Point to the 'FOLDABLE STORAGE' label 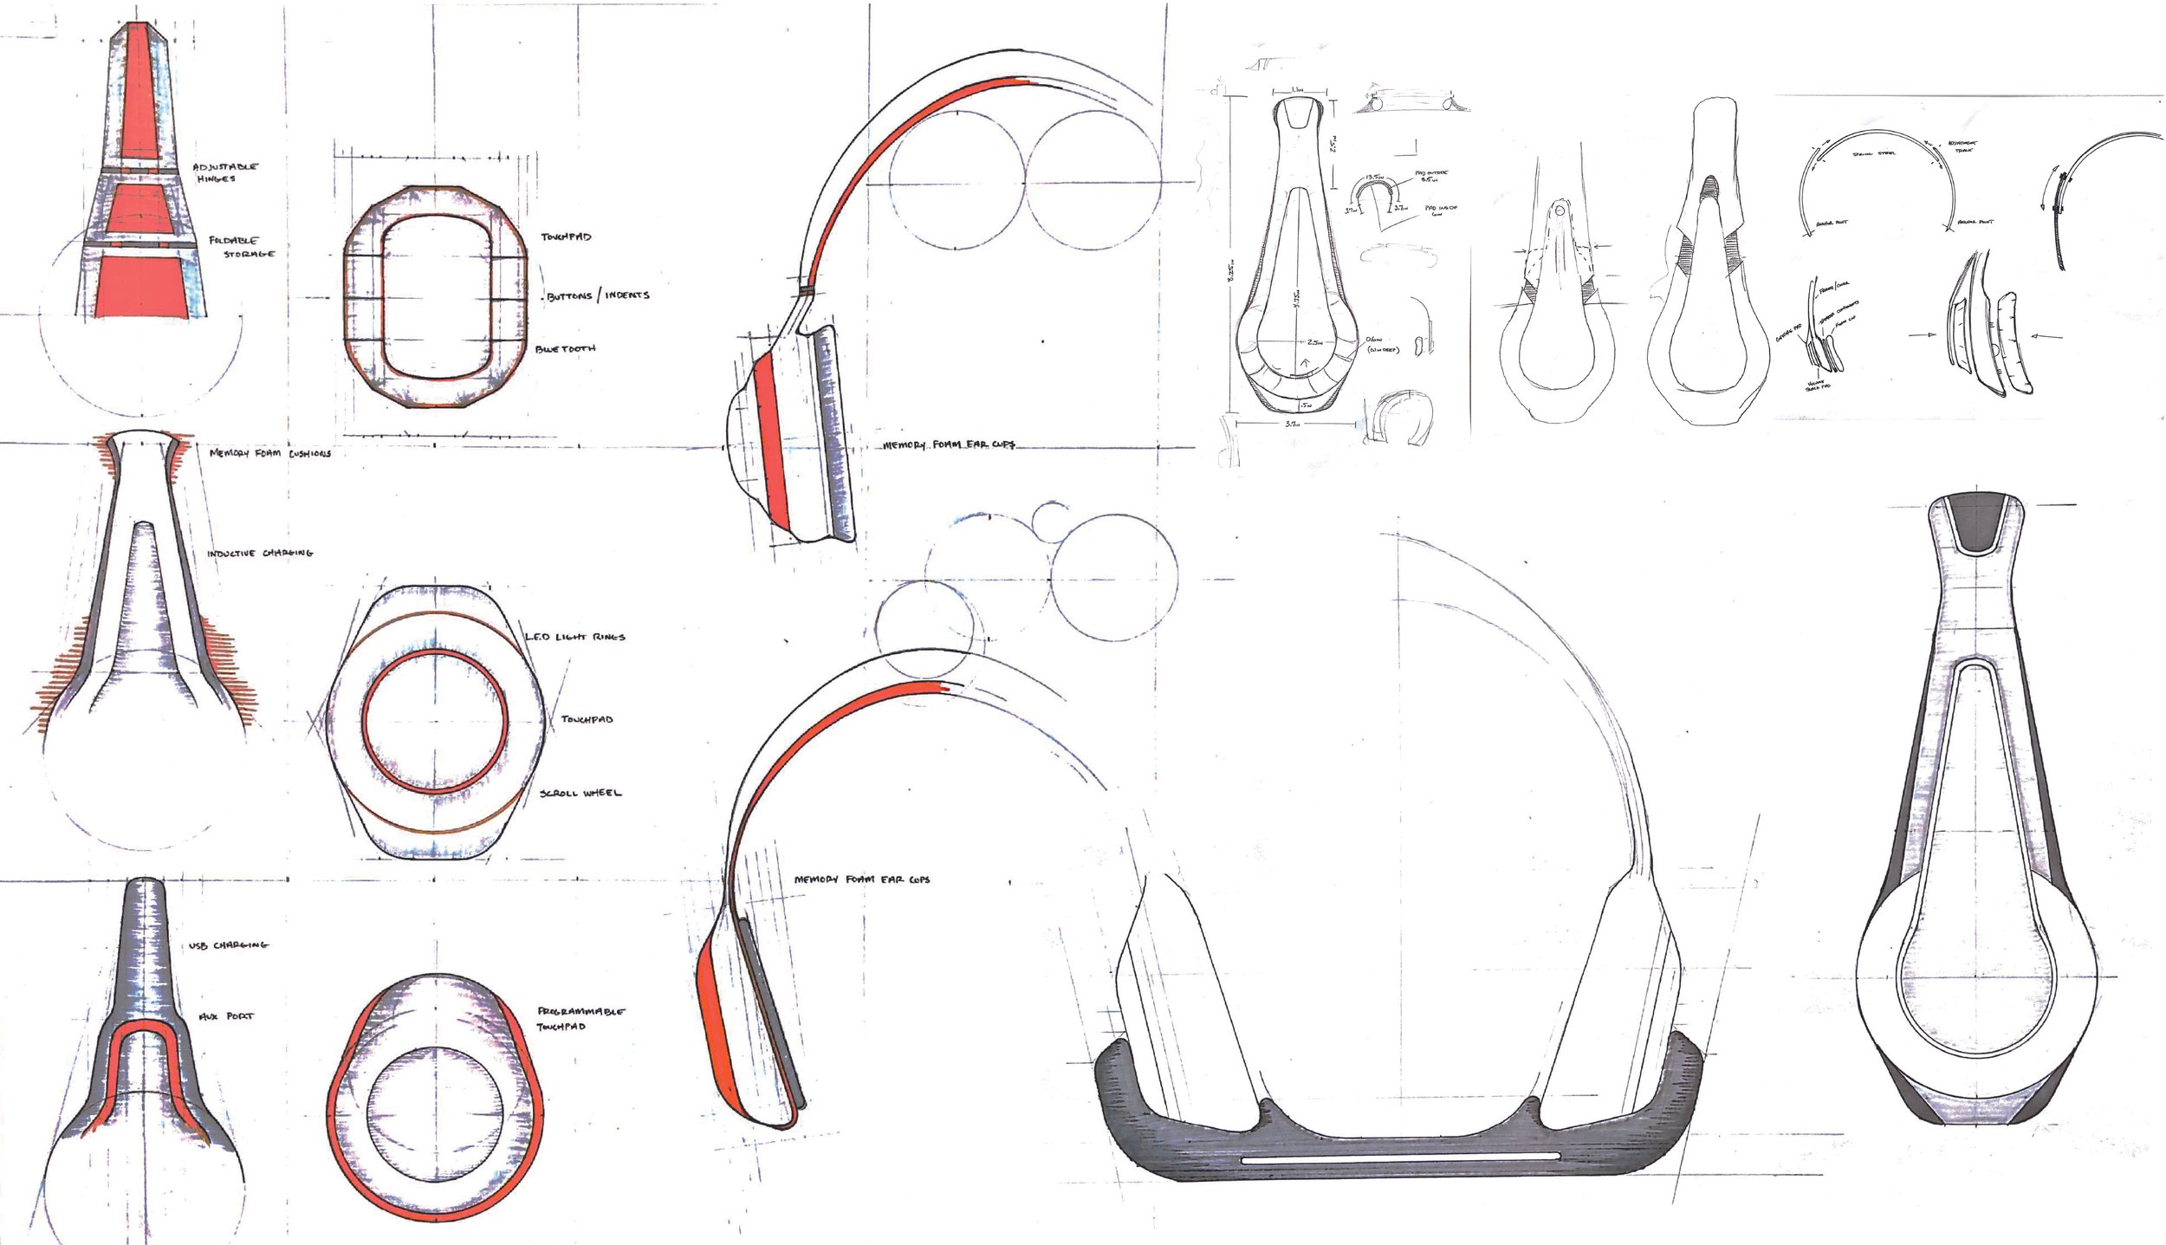click(x=241, y=247)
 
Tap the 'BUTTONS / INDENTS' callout click(x=597, y=295)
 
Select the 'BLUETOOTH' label click(x=565, y=349)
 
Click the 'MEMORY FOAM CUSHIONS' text click(x=269, y=453)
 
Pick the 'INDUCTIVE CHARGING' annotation click(x=259, y=554)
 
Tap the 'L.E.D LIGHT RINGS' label click(x=574, y=637)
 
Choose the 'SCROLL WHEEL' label click(x=580, y=793)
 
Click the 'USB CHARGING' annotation click(x=228, y=944)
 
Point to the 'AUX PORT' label click(x=223, y=1016)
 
